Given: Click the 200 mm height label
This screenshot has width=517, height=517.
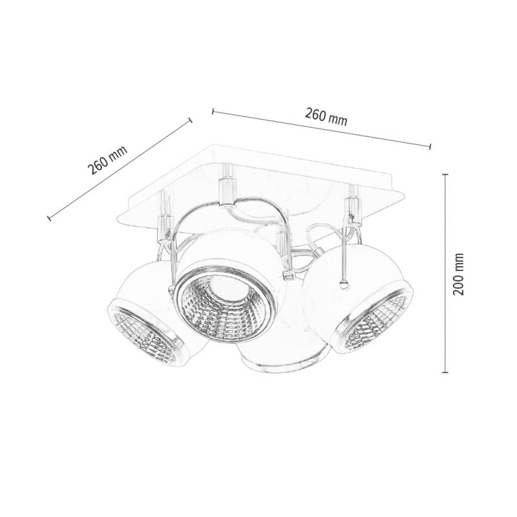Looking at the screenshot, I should [x=459, y=273].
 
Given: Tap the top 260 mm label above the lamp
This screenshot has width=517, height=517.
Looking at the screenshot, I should [x=326, y=117].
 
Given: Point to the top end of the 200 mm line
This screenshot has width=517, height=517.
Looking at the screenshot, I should [x=445, y=174].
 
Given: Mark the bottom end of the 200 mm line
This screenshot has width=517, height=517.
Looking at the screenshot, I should [x=445, y=373].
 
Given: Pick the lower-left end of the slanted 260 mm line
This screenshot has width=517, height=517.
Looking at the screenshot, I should [x=50, y=218].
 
